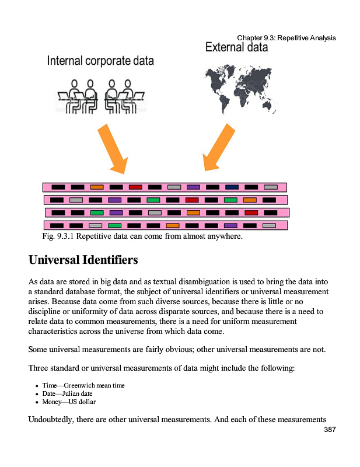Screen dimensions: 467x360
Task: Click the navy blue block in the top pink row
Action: click(x=232, y=187)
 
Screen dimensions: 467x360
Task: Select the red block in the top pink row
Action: click(x=135, y=187)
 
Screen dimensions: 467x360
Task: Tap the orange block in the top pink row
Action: click(x=97, y=187)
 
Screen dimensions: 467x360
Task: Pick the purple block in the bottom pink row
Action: click(x=230, y=225)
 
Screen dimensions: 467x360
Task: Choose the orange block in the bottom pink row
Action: click(x=173, y=225)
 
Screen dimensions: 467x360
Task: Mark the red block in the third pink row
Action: click(x=251, y=212)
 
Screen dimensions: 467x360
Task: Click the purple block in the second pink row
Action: click(x=115, y=200)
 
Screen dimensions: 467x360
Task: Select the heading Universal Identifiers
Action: click(x=83, y=258)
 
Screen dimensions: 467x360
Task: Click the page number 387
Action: click(x=330, y=430)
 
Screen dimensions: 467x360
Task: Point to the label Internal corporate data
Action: click(x=100, y=61)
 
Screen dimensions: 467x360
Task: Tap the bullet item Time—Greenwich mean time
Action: click(x=83, y=386)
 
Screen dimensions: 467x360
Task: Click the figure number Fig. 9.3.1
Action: click(x=58, y=236)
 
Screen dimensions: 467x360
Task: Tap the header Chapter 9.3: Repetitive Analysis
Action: click(x=286, y=38)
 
